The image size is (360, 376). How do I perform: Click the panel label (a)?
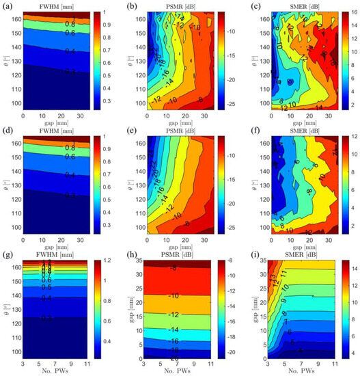point(8,5)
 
